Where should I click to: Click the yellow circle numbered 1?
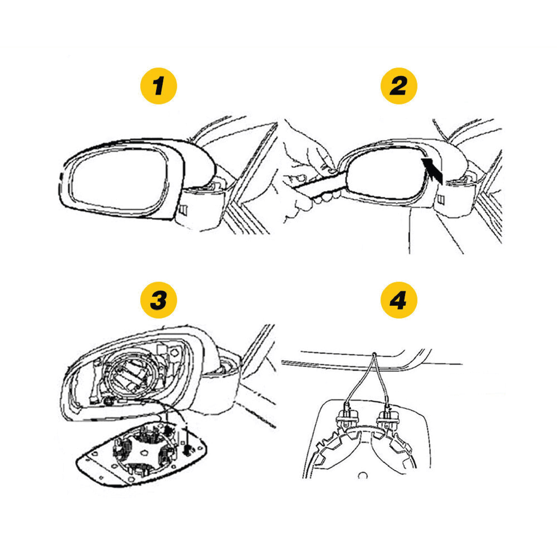point(159,86)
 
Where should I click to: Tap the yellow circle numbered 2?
point(398,86)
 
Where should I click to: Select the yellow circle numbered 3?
point(159,300)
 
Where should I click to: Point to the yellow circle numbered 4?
point(398,300)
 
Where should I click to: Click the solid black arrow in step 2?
point(432,170)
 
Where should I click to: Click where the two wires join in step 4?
point(374,354)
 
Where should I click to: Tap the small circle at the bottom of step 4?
point(362,475)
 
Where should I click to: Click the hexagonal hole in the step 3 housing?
point(174,353)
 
